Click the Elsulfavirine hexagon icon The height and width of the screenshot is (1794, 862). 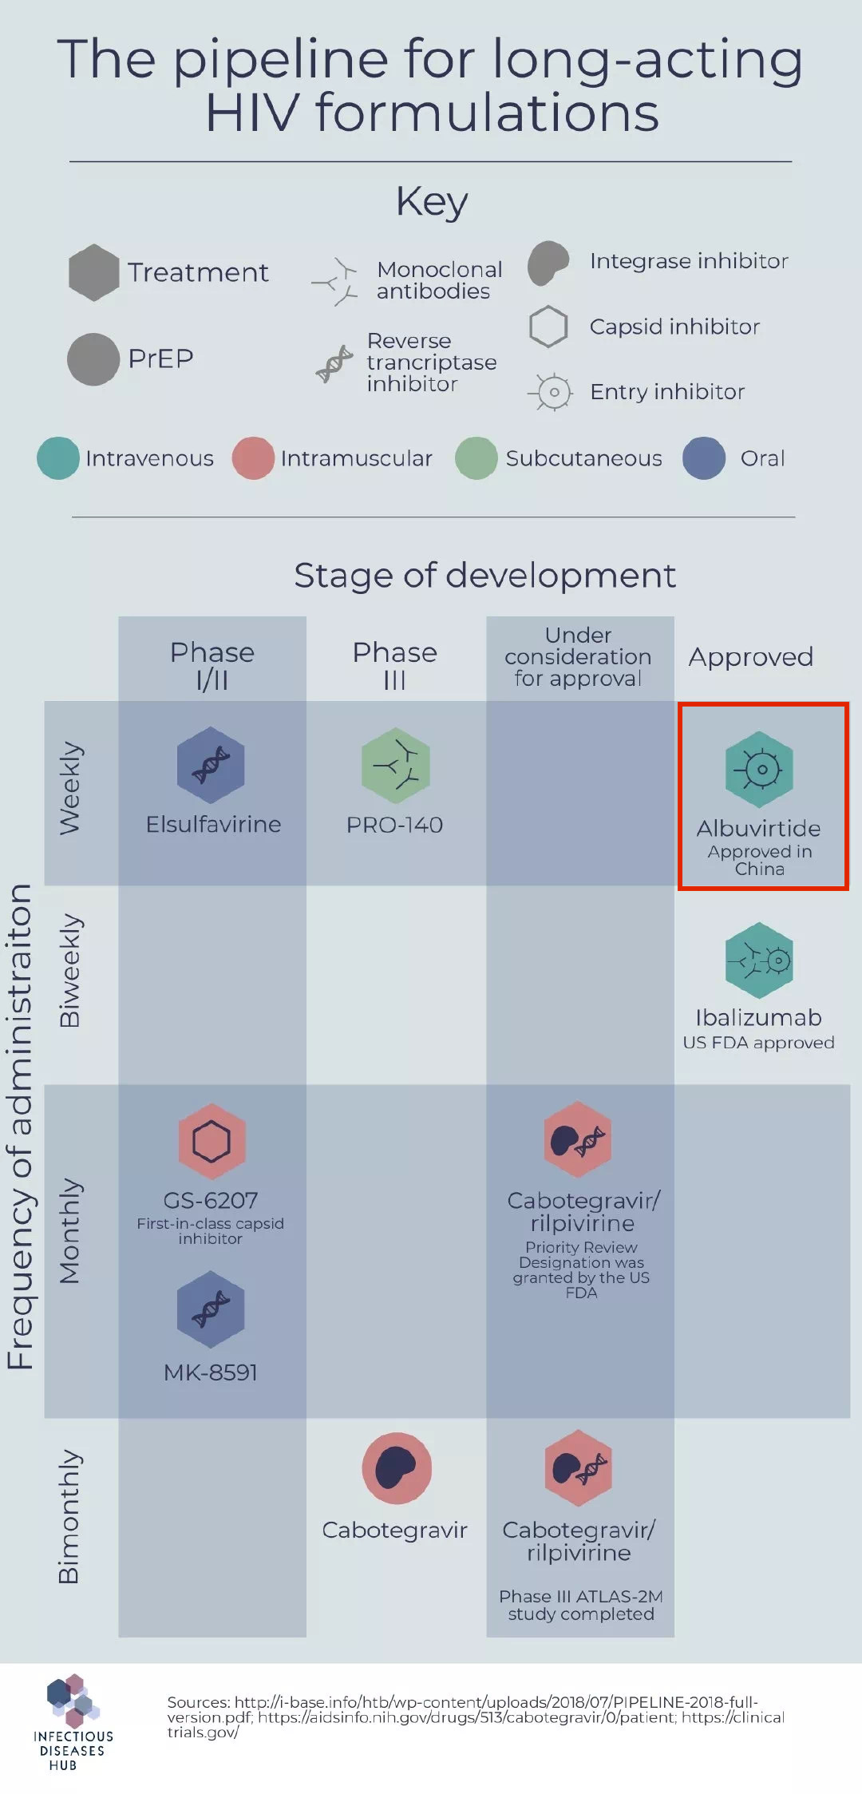pos(211,764)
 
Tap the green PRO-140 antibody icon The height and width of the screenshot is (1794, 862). pos(395,765)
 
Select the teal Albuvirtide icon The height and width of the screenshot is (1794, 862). pos(759,770)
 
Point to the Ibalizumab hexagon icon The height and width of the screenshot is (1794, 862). pos(759,960)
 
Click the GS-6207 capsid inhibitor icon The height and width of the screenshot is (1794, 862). pos(212,1142)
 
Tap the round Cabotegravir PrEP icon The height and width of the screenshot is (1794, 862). pos(397,1468)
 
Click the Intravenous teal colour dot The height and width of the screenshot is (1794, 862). pos(58,457)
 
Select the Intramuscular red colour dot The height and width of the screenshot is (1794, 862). pos(253,457)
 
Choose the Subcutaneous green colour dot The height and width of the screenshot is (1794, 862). pos(476,457)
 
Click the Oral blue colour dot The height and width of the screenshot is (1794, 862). pos(704,457)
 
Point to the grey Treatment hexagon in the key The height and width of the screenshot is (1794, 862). pos(94,272)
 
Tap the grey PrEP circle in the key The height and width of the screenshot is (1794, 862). pos(93,359)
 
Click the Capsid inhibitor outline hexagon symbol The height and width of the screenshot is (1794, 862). pos(548,327)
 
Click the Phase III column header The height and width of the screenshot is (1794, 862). pos(395,665)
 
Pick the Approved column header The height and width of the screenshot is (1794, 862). pos(751,658)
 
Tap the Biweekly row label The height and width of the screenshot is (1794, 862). pos(70,970)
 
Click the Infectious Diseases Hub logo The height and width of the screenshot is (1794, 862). pos(73,1722)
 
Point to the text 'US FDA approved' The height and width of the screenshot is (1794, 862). pos(759,1043)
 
